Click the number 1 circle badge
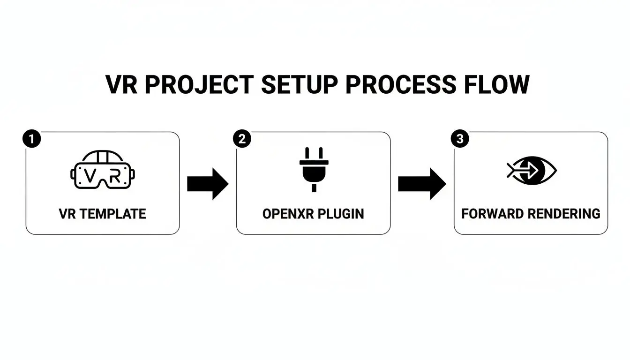pos(31,139)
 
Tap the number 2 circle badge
pos(242,139)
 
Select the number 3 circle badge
pos(459,139)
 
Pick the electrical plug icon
pos(314,169)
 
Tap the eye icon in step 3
pos(532,170)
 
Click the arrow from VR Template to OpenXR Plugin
pos(207,184)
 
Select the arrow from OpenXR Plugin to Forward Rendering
pos(421,184)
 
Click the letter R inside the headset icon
pos(114,176)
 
